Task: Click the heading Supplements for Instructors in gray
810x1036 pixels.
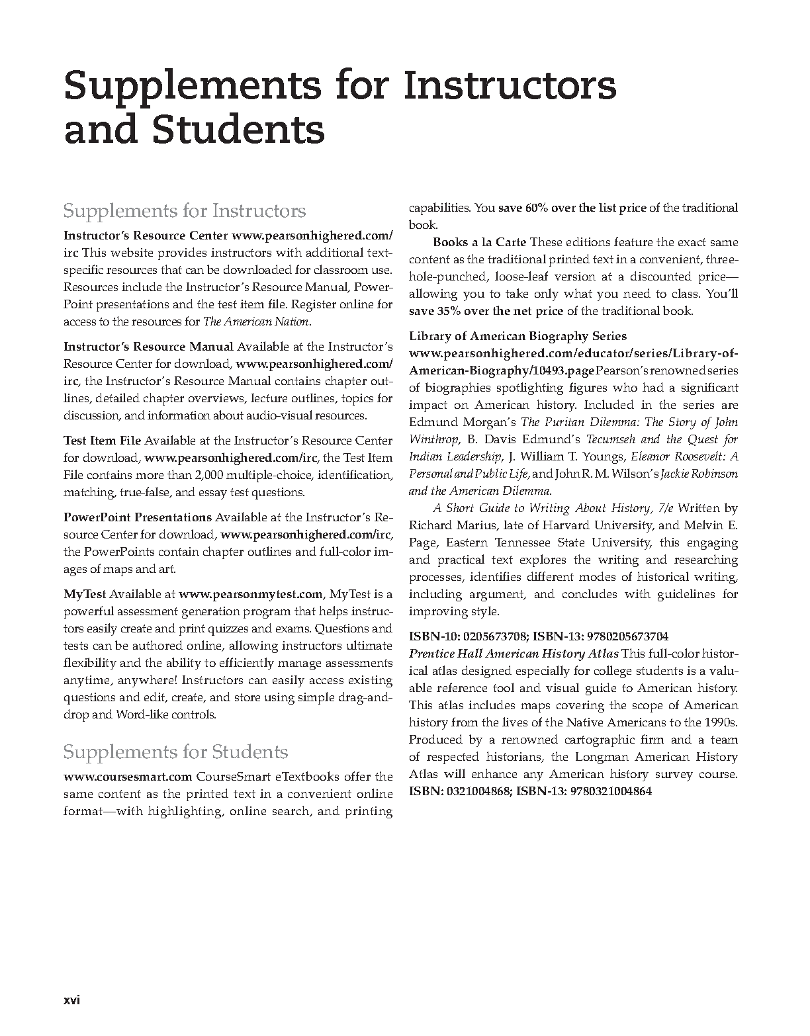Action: (x=184, y=211)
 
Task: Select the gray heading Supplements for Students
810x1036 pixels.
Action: (x=175, y=752)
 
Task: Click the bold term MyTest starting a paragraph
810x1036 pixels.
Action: (x=85, y=594)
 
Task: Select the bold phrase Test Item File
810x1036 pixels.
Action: (x=102, y=441)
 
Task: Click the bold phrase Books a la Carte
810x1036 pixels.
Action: (x=480, y=242)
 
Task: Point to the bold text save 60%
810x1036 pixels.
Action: (x=523, y=208)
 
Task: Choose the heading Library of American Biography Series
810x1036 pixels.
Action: (x=517, y=336)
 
